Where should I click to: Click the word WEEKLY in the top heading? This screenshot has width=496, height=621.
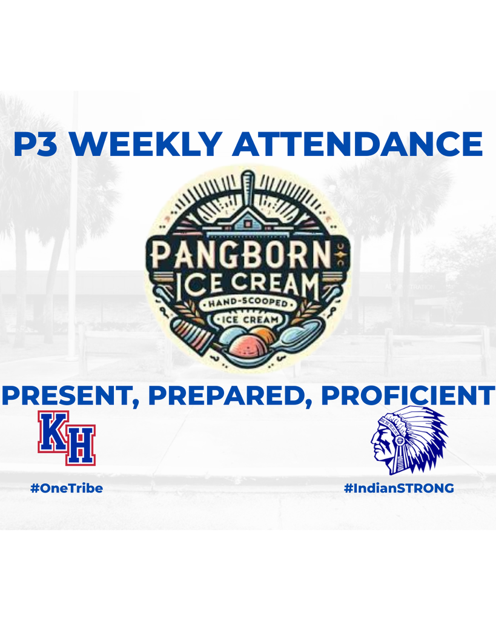pyautogui.click(x=150, y=145)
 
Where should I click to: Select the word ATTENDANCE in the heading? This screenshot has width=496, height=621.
pyautogui.click(x=357, y=145)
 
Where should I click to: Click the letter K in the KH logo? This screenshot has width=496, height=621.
pyautogui.click(x=53, y=432)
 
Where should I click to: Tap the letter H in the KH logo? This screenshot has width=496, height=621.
pyautogui.click(x=80, y=448)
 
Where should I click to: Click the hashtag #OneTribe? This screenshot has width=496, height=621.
pyautogui.click(x=67, y=488)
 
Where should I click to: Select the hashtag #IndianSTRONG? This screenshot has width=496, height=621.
pyautogui.click(x=399, y=488)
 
